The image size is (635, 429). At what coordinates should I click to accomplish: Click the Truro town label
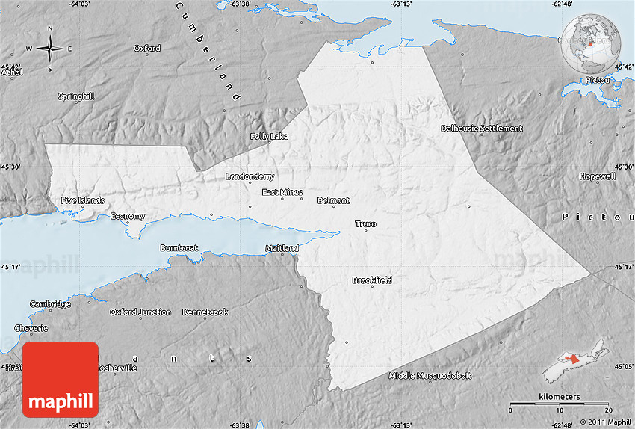tap(365, 224)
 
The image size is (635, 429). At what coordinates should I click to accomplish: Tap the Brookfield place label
tap(371, 280)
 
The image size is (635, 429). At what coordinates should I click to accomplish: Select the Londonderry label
tap(250, 177)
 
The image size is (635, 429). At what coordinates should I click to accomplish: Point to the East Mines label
tap(282, 192)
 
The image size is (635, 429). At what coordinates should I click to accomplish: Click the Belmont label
tap(333, 200)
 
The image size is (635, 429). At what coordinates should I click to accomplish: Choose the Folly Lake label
tap(269, 137)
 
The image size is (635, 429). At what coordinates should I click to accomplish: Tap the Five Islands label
tap(83, 200)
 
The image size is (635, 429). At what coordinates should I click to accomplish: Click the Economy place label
tap(128, 216)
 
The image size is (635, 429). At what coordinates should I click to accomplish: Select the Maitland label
tap(282, 248)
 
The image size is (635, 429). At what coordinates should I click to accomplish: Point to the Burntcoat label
tap(180, 247)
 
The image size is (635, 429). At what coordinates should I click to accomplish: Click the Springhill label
tap(78, 96)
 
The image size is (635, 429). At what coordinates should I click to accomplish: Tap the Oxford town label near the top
tap(147, 49)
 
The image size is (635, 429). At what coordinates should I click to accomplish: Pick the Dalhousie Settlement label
tap(481, 129)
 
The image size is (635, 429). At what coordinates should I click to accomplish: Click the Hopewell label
tap(598, 176)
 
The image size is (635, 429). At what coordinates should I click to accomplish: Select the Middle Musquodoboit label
tap(430, 375)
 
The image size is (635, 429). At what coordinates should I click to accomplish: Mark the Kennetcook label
tap(205, 312)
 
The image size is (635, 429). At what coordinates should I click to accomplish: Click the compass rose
tap(50, 49)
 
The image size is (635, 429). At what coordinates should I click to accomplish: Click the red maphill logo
tap(61, 380)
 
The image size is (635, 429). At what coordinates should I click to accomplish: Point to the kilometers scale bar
tap(560, 404)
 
